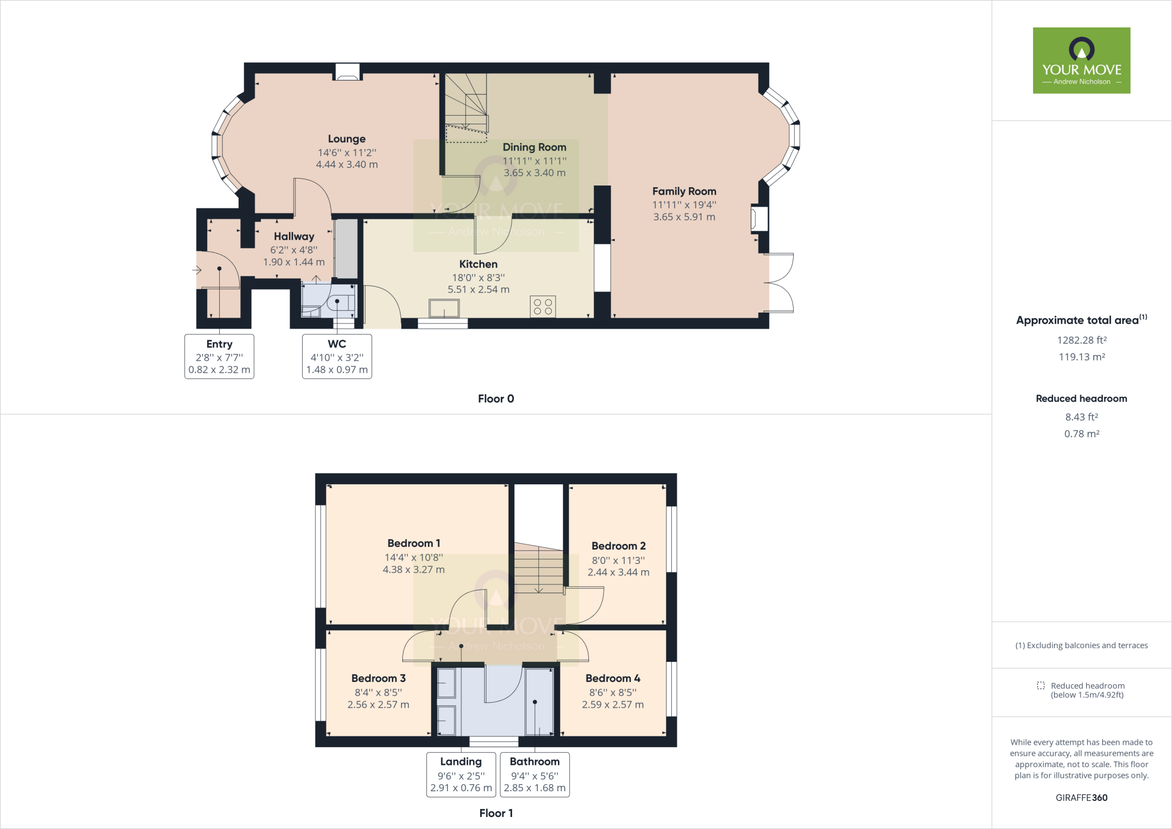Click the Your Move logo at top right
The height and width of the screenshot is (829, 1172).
tap(1081, 60)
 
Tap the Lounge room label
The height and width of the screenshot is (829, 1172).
tap(346, 139)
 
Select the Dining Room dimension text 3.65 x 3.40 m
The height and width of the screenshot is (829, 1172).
tap(534, 173)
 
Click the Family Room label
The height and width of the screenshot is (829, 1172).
tap(684, 191)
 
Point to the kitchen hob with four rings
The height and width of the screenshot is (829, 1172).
tap(543, 306)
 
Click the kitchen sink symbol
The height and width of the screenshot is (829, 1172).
tap(444, 308)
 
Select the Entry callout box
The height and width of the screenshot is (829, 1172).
tap(219, 356)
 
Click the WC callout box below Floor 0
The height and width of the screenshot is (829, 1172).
tap(336, 356)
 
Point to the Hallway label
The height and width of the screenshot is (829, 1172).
tap(294, 236)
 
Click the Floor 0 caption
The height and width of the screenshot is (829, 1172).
tap(496, 398)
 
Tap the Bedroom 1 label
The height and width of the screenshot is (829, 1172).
tap(413, 543)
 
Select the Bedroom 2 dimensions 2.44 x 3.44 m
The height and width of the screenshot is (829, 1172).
tap(618, 572)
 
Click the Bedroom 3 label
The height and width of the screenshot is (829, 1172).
tap(378, 678)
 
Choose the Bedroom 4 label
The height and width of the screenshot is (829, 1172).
tap(612, 678)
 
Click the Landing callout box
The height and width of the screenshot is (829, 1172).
tap(461, 774)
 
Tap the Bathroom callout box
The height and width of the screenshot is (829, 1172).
tap(534, 774)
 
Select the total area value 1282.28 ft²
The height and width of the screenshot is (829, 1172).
tap(1081, 340)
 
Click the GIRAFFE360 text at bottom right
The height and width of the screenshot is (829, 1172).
tap(1081, 798)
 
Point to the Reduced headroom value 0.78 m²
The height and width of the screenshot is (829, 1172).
tap(1081, 434)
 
